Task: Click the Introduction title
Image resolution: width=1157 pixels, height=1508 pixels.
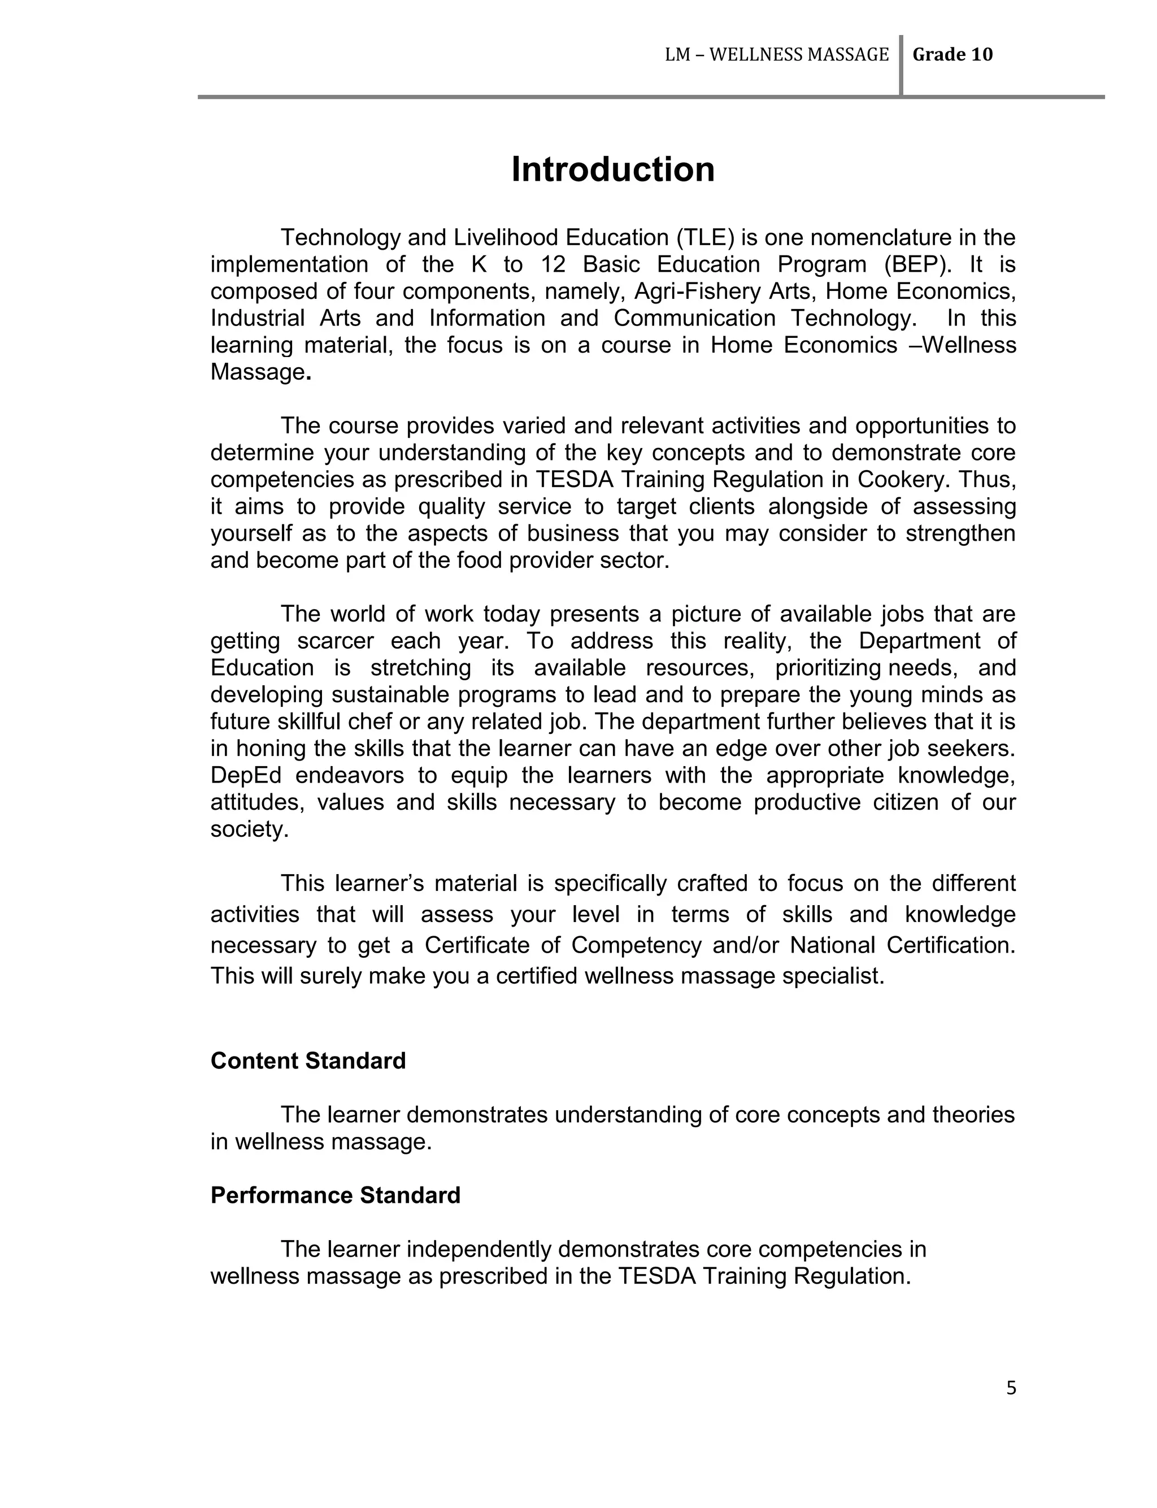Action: click(x=612, y=170)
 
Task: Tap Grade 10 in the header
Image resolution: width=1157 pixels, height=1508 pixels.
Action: click(x=952, y=55)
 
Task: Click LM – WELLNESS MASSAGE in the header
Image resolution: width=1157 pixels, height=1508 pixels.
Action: click(x=776, y=55)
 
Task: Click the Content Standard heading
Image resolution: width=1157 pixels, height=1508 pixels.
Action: click(x=308, y=1061)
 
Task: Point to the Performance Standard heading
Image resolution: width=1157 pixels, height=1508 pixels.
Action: click(x=334, y=1194)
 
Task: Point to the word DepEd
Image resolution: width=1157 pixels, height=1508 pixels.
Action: click(x=246, y=775)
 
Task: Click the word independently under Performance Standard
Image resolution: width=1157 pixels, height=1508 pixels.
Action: click(x=477, y=1249)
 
